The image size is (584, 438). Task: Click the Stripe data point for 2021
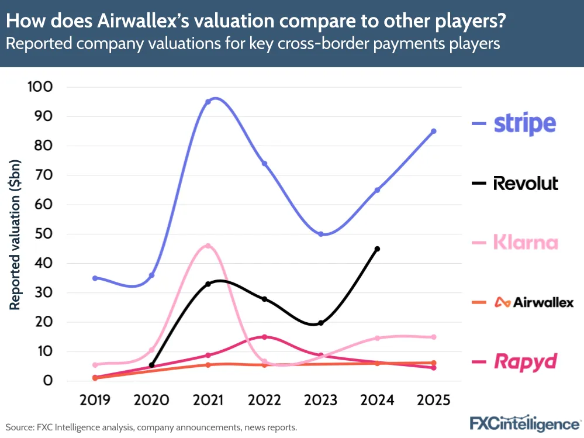(x=208, y=102)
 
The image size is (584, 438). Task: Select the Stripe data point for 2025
(x=434, y=131)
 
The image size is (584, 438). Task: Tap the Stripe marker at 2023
(x=321, y=234)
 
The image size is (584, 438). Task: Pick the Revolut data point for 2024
(x=377, y=249)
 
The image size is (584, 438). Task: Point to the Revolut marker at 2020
(x=151, y=365)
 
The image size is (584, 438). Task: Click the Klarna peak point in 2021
(x=208, y=246)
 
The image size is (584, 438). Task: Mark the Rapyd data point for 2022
(x=264, y=337)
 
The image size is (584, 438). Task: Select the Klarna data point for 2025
(x=434, y=337)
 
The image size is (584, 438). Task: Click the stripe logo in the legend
(x=524, y=123)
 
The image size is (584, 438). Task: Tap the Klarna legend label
(x=525, y=242)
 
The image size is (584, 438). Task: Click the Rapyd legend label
(x=525, y=361)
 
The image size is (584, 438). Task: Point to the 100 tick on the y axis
(x=40, y=87)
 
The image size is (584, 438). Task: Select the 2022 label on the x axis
(x=264, y=401)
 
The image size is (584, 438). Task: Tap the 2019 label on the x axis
(x=95, y=401)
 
